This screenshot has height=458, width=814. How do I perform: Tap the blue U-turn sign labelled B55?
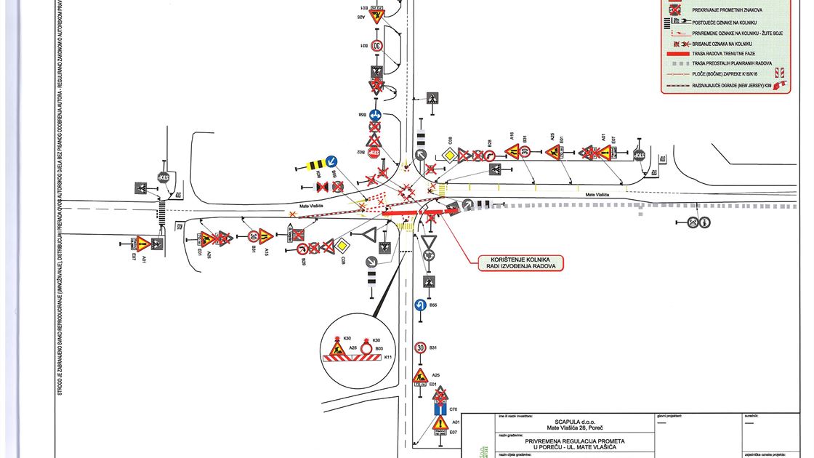[x=419, y=307]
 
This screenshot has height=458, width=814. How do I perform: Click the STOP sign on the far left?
[x=163, y=177]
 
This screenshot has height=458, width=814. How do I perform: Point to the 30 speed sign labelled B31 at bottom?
[x=419, y=347]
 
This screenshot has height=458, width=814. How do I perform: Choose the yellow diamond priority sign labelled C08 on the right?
[x=450, y=155]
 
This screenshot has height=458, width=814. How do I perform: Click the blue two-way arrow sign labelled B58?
[x=375, y=115]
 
